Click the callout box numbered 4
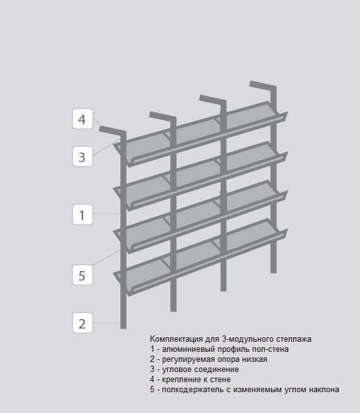[x=83, y=119]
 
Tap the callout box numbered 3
[x=83, y=156]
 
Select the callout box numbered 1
[x=83, y=214]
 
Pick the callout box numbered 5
[x=83, y=275]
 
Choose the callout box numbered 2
[x=83, y=323]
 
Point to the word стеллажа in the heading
[x=294, y=339]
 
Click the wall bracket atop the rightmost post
[x=262, y=86]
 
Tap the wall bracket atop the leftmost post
[x=112, y=131]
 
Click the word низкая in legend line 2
[x=255, y=359]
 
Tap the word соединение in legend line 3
[x=216, y=369]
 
